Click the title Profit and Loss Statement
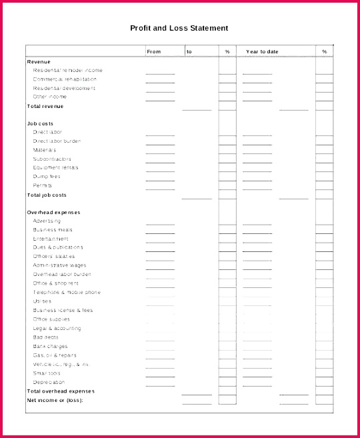[x=179, y=28]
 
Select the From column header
[x=154, y=51]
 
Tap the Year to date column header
[x=262, y=51]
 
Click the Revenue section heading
[x=38, y=61]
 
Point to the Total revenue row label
[x=45, y=106]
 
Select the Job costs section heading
[x=40, y=123]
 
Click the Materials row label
[x=45, y=150]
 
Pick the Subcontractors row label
[x=50, y=159]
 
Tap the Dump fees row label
[x=47, y=177]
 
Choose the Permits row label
[x=43, y=185]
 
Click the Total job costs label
[x=47, y=195]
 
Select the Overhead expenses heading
[x=53, y=212]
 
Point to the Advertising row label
[x=47, y=221]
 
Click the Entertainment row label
[x=51, y=239]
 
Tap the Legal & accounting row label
[x=57, y=328]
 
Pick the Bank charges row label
[x=50, y=346]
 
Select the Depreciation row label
[x=49, y=382]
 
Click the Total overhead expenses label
[x=61, y=391]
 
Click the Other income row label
[x=50, y=97]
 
